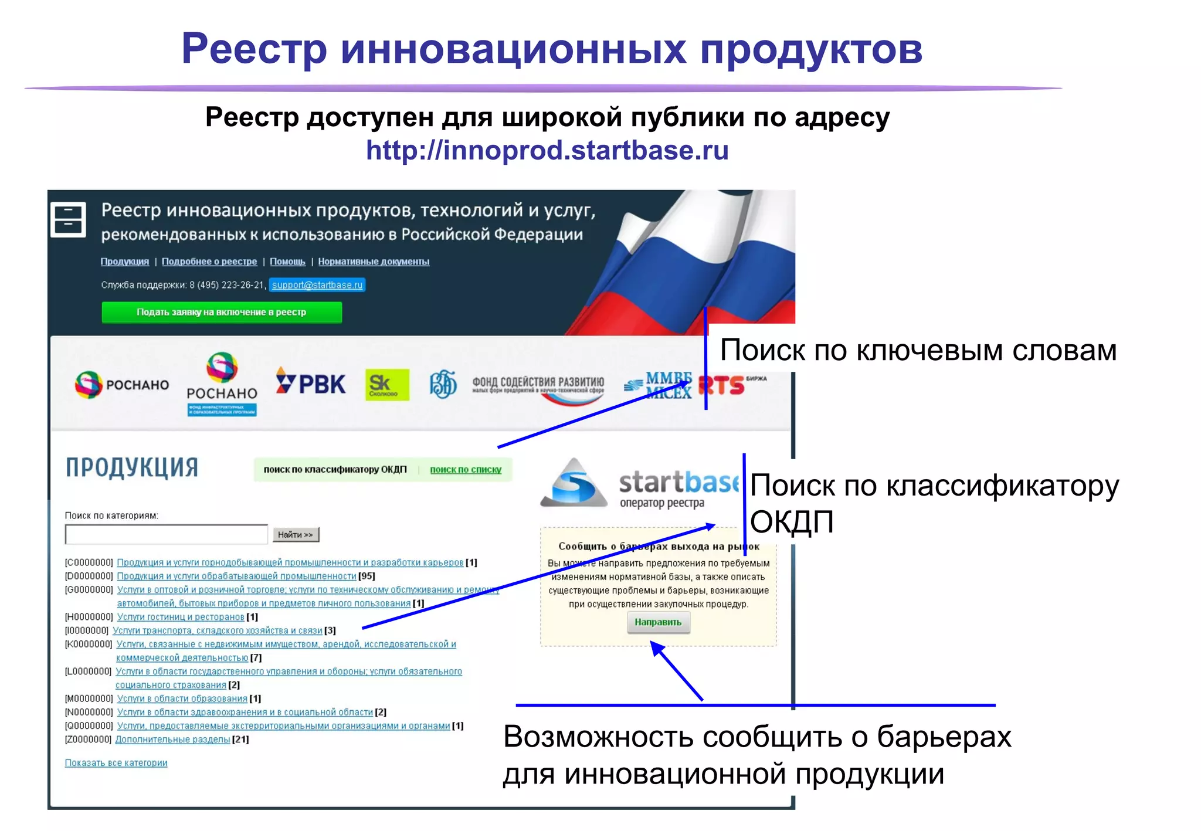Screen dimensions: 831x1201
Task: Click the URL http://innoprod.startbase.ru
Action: pyautogui.click(x=547, y=151)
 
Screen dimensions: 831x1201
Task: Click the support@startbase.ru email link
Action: pyautogui.click(x=317, y=285)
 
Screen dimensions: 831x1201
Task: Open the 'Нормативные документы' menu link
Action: pyautogui.click(x=374, y=262)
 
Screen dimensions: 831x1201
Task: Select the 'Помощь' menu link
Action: pyautogui.click(x=287, y=262)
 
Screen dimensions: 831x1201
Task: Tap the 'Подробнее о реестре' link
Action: pyautogui.click(x=209, y=262)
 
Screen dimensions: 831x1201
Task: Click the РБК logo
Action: pyautogui.click(x=311, y=384)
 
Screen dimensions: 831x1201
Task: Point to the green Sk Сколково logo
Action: pyautogui.click(x=386, y=385)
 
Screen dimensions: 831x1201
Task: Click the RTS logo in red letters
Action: pyautogui.click(x=722, y=386)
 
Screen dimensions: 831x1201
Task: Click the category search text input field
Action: pyautogui.click(x=167, y=534)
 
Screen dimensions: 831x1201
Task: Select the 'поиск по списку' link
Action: pyautogui.click(x=466, y=470)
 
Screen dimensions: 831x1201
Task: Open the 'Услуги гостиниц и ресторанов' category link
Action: pyautogui.click(x=181, y=617)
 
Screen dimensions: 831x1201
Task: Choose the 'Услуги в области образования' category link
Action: pyautogui.click(x=182, y=698)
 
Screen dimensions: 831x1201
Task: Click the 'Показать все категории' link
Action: pyautogui.click(x=116, y=763)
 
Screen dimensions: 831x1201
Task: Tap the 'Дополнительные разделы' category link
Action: pyautogui.click(x=172, y=740)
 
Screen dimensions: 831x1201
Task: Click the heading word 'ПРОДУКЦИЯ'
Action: pyautogui.click(x=132, y=468)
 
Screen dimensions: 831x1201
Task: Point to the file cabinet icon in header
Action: pyautogui.click(x=69, y=220)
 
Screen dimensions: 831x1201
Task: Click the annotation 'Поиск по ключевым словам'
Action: pyautogui.click(x=918, y=351)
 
